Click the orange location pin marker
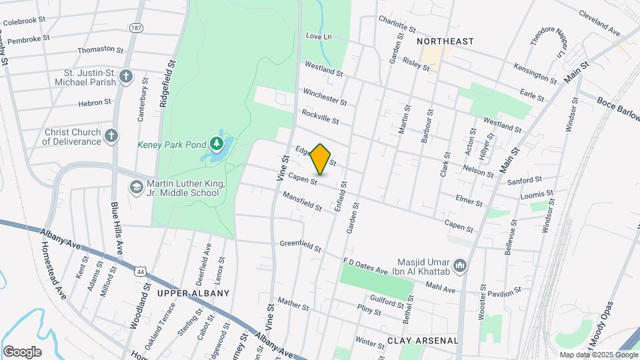(321, 159)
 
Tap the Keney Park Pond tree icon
(216, 143)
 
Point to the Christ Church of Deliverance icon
(111, 136)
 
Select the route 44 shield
(139, 271)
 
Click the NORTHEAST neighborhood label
(445, 41)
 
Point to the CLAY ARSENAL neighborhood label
(423, 341)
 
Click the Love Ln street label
(318, 36)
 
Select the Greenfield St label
(301, 245)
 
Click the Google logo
(22, 351)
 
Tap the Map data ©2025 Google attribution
(597, 355)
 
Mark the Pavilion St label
(503, 293)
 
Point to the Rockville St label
(320, 117)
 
